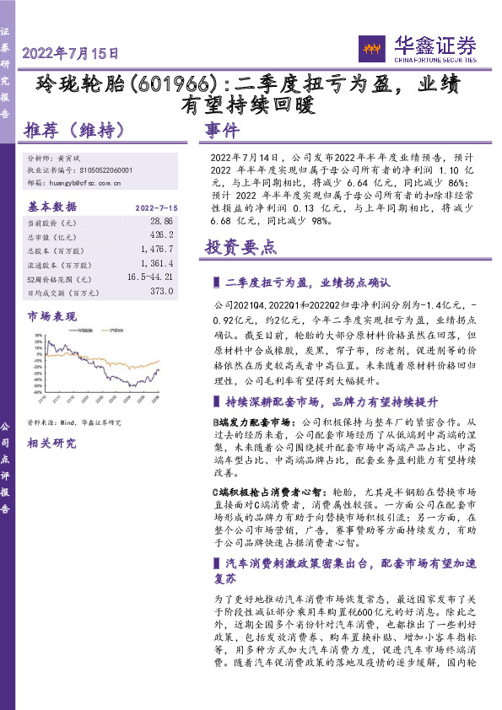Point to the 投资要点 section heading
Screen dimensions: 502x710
[x=240, y=247]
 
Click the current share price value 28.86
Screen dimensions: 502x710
[x=159, y=222]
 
